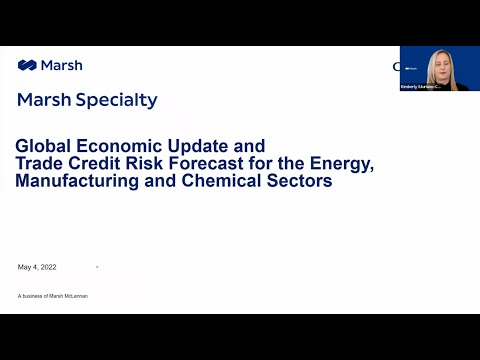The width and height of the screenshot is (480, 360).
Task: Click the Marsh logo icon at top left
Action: coord(27,66)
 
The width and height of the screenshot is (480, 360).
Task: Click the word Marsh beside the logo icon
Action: coord(62,66)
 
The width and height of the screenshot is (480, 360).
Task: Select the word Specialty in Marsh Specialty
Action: coord(120,100)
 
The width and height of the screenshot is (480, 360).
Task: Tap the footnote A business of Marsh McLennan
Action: coord(53,296)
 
